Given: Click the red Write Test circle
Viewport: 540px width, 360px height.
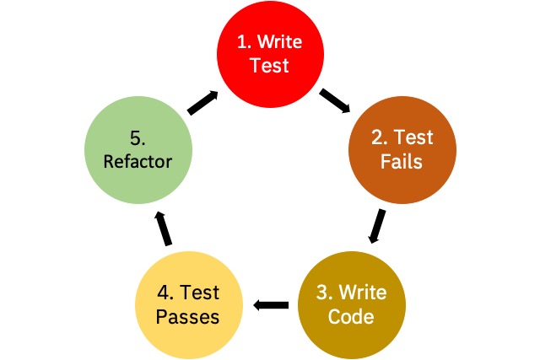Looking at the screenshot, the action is (x=270, y=54).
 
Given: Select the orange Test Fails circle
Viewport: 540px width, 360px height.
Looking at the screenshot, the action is (x=402, y=150).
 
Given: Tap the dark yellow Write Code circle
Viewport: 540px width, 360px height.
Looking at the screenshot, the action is (x=352, y=305).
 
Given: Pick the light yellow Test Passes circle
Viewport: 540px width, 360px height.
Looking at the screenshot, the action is (x=189, y=305).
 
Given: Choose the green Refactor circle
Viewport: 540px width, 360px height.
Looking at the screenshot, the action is (x=138, y=150).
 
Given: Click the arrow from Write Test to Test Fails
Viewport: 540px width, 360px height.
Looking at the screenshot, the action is (x=335, y=100).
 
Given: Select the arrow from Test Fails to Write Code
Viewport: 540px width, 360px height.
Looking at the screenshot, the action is (x=376, y=226).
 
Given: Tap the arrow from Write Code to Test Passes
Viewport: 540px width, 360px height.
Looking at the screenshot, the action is (x=271, y=305).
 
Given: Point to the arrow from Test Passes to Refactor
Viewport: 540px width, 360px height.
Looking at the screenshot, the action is (x=163, y=228).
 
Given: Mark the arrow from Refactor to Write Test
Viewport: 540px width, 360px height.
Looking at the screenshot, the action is (x=203, y=103).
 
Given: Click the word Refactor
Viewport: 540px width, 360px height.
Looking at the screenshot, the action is (x=138, y=161).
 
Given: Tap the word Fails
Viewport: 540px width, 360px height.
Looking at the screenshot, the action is (x=402, y=161).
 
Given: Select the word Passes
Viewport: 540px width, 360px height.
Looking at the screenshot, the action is (x=187, y=317).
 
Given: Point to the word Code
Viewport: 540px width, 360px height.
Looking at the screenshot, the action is (x=351, y=316).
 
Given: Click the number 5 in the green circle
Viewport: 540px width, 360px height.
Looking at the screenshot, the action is (x=135, y=138).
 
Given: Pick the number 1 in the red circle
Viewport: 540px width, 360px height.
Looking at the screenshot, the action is (x=242, y=42).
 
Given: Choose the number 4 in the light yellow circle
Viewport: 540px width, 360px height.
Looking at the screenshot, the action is (x=163, y=293).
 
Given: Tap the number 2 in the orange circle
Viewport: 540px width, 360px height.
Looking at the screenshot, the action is (x=377, y=137).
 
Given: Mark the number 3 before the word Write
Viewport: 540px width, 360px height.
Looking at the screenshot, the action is (x=322, y=293).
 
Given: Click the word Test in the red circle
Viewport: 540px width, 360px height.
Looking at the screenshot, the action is (x=269, y=66).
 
